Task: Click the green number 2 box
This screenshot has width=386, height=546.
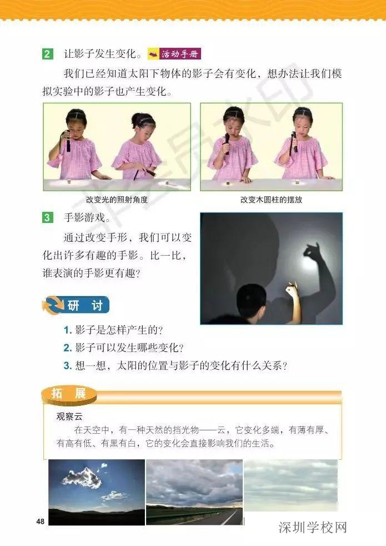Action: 47,54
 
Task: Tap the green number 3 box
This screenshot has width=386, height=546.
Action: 47,219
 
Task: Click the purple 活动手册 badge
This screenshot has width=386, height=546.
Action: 174,54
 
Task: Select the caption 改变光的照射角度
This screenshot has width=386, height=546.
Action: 117,199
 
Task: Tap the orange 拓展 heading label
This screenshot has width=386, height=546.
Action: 69,394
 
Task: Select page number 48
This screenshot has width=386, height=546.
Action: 40,521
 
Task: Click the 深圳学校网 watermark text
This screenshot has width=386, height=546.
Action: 312,527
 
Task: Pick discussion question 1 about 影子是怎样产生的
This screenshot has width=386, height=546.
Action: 113,330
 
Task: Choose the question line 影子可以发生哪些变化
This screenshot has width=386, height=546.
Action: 123,348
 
